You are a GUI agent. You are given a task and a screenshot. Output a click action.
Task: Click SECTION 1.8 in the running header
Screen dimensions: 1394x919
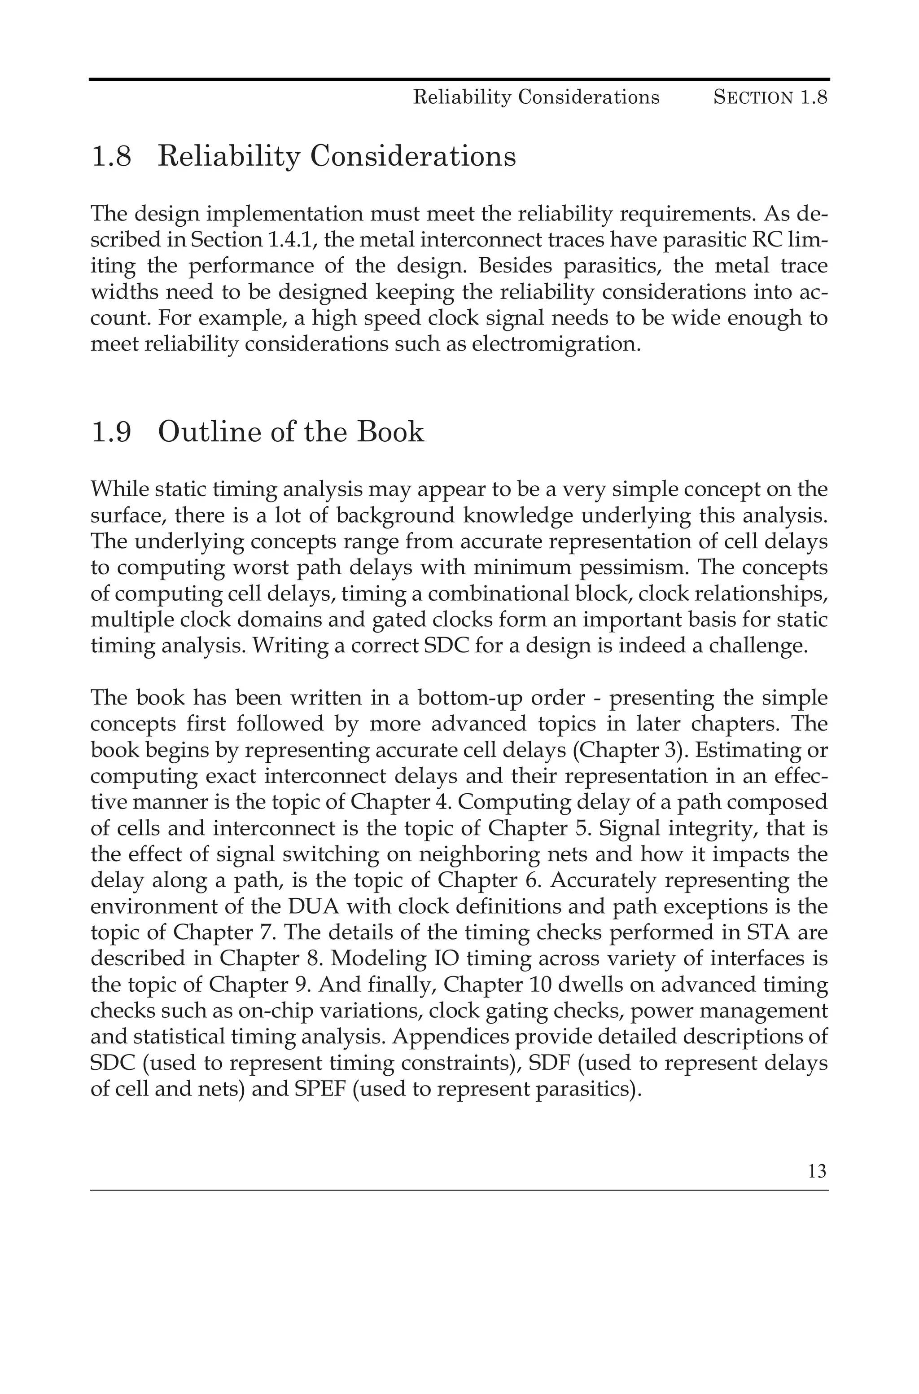[770, 97]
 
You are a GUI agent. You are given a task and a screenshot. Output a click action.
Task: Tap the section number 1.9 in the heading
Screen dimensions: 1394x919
[111, 432]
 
